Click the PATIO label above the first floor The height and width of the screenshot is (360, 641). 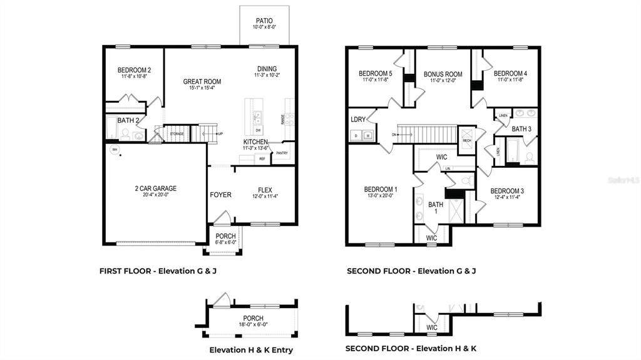click(x=264, y=21)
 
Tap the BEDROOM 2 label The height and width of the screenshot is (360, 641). click(x=134, y=70)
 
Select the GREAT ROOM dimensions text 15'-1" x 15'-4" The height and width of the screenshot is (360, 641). click(x=200, y=88)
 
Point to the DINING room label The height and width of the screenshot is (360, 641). click(x=267, y=69)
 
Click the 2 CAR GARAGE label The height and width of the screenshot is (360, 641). click(x=156, y=188)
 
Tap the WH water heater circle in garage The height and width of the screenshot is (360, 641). click(x=115, y=150)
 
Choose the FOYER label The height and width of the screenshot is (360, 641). click(x=220, y=195)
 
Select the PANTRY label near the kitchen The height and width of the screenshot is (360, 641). click(x=282, y=153)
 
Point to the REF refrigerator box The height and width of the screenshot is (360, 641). click(x=262, y=159)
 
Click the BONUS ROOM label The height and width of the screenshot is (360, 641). click(x=443, y=75)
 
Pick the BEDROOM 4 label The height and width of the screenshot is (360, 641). click(x=510, y=73)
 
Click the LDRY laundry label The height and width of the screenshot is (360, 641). click(x=358, y=120)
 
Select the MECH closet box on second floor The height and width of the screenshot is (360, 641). click(x=466, y=136)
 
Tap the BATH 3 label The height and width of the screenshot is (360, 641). click(x=521, y=129)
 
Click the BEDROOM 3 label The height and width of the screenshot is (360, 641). click(x=507, y=191)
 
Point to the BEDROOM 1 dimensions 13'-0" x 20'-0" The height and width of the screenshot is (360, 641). click(x=381, y=196)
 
